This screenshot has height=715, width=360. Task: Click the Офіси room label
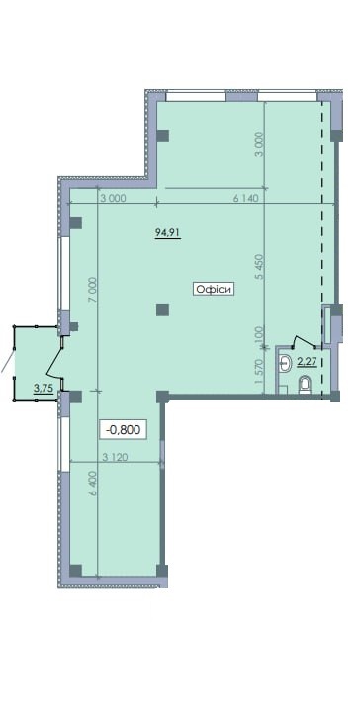[214, 289]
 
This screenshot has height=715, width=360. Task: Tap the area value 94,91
[168, 232]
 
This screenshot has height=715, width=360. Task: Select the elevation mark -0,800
[123, 429]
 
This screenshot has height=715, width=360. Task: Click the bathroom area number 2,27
[307, 363]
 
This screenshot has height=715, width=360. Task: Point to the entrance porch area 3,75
[42, 388]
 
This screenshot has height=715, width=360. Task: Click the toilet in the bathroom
[304, 386]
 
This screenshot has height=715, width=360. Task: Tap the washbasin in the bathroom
[285, 363]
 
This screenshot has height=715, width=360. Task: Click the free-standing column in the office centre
[162, 311]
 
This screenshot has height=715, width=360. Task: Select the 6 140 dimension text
[245, 198]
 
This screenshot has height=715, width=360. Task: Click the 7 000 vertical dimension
[93, 289]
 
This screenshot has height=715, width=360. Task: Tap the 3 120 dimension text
[115, 457]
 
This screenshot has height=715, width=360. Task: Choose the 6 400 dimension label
[94, 483]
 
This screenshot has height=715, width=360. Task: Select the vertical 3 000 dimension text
[260, 144]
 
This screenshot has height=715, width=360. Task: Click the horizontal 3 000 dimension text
[112, 198]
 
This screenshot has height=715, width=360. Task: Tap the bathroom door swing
[303, 340]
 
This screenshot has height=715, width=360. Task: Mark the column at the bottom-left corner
[76, 571]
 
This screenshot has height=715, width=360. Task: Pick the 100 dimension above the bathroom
[260, 332]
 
